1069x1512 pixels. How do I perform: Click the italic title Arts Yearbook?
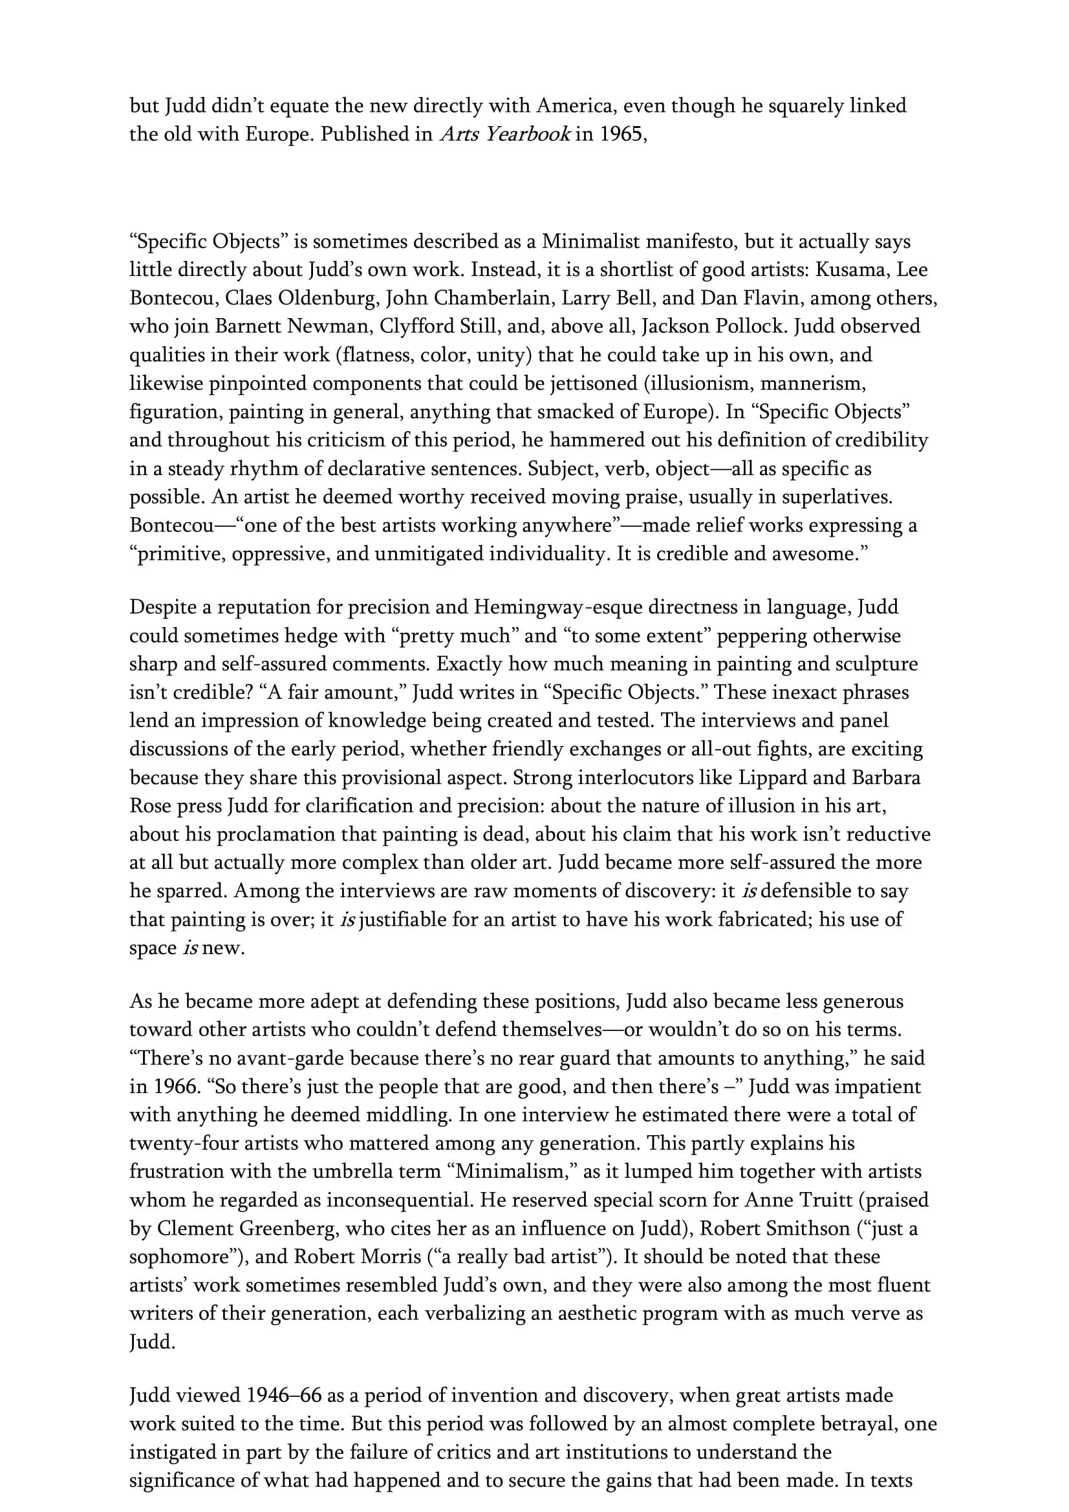click(x=505, y=134)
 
